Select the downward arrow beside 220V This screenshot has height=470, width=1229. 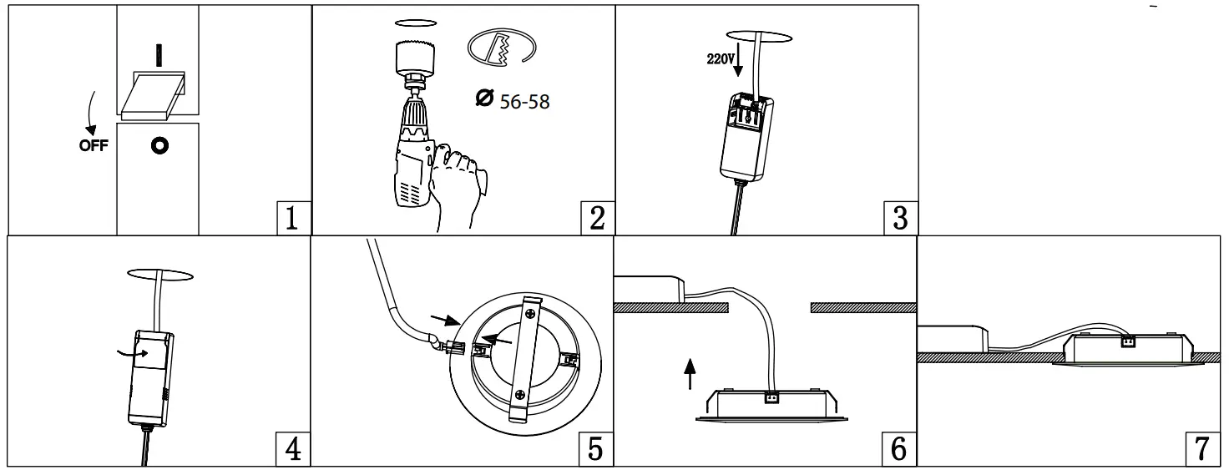[736, 65]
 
